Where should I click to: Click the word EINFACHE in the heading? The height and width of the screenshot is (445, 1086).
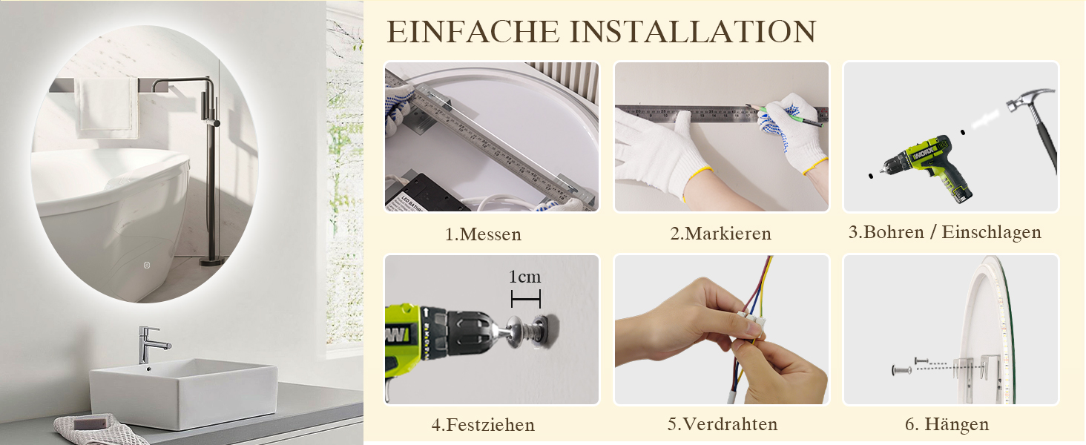[x=473, y=32]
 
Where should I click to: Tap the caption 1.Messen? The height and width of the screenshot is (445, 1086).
[x=484, y=234]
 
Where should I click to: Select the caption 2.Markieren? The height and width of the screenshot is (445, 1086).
[x=720, y=234]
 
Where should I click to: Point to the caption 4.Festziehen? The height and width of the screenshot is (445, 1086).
[x=484, y=425]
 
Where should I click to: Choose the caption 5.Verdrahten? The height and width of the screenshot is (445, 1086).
[x=723, y=424]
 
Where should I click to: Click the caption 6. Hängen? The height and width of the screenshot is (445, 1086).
[x=947, y=424]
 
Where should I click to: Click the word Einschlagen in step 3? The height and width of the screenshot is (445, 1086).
[x=992, y=232]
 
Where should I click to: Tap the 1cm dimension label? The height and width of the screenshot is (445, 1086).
[x=524, y=277]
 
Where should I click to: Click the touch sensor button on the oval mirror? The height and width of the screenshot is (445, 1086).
[x=147, y=266]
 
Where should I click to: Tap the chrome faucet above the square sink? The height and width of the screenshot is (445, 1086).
[x=152, y=345]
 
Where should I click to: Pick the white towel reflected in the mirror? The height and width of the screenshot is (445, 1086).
[x=107, y=108]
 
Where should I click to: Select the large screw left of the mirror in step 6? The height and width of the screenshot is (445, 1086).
[x=901, y=370]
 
